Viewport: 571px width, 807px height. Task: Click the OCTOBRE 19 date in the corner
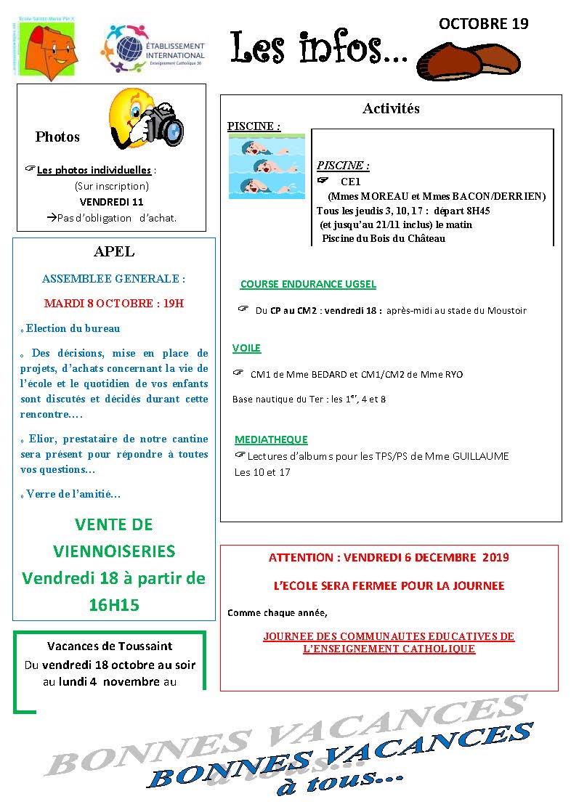pyautogui.click(x=483, y=24)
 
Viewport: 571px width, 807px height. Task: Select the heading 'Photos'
pyautogui.click(x=57, y=137)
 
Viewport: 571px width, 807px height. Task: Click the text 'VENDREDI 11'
pyautogui.click(x=111, y=201)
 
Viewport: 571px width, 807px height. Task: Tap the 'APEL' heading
pyautogui.click(x=114, y=252)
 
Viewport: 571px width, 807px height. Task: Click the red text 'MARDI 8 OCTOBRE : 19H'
pyautogui.click(x=114, y=303)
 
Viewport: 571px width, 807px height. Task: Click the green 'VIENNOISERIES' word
pyautogui.click(x=114, y=551)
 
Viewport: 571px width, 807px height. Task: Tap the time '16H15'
pyautogui.click(x=114, y=605)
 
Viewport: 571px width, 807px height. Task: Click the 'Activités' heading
pyautogui.click(x=391, y=109)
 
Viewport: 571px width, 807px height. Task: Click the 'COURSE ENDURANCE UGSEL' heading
pyautogui.click(x=308, y=285)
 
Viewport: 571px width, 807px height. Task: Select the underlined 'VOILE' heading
pyautogui.click(x=246, y=348)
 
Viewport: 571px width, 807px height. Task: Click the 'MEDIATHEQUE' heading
pyautogui.click(x=271, y=439)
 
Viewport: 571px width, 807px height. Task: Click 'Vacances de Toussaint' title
pyautogui.click(x=110, y=646)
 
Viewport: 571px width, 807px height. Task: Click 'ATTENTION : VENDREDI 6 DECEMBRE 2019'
pyautogui.click(x=389, y=558)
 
